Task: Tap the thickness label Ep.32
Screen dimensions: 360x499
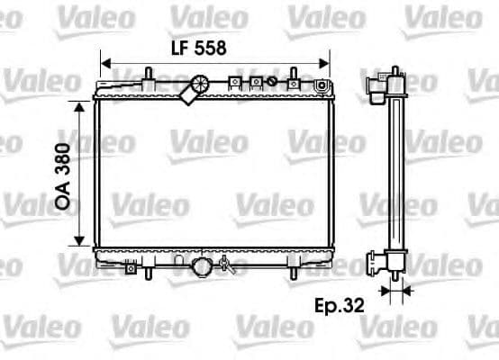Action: click(x=340, y=305)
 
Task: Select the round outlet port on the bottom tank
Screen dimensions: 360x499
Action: click(x=202, y=266)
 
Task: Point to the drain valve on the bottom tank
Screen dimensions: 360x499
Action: click(x=227, y=265)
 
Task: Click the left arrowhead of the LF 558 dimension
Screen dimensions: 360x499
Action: click(x=105, y=64)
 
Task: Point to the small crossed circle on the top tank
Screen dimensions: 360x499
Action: click(x=255, y=83)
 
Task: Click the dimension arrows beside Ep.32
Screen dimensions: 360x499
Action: click(x=394, y=291)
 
